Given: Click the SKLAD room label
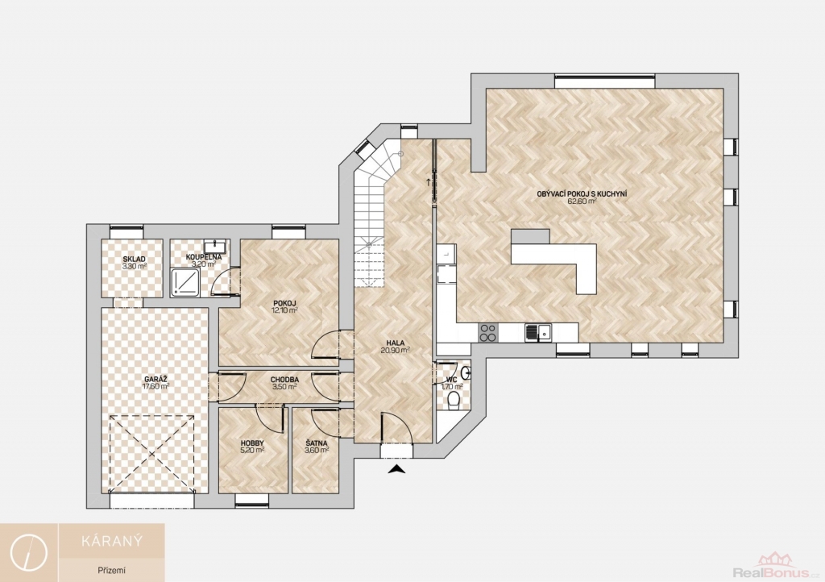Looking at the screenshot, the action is [x=135, y=259].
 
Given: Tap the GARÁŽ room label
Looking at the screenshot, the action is [x=155, y=379].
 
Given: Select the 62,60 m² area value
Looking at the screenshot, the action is [x=582, y=201].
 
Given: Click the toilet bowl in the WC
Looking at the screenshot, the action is [x=453, y=401].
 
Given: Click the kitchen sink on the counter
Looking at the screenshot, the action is [x=537, y=333].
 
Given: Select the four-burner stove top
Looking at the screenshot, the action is [x=487, y=333].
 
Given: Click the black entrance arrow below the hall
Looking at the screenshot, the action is [x=397, y=469].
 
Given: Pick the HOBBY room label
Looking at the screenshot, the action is [x=252, y=443].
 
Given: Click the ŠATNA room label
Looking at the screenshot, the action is [x=317, y=443].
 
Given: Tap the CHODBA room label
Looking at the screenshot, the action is [x=284, y=380].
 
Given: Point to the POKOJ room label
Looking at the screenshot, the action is [x=284, y=302].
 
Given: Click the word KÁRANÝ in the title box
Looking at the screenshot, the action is [x=112, y=541].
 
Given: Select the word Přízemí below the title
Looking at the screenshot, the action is [x=111, y=570].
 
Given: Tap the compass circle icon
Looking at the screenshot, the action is [x=30, y=552].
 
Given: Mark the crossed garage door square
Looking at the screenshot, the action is [x=151, y=454].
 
